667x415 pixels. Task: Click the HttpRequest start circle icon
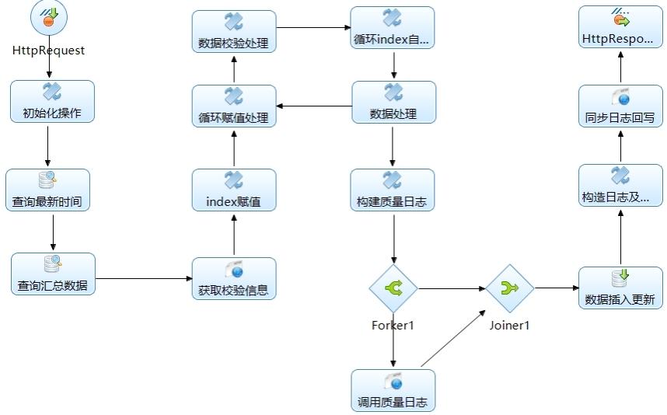[49, 17]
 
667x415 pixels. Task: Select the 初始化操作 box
[52, 102]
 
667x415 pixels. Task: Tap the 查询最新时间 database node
[47, 190]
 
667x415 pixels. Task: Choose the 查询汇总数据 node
[53, 274]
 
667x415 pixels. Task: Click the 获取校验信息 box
[234, 278]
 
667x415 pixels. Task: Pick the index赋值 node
[234, 190]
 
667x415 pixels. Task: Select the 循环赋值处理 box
[234, 106]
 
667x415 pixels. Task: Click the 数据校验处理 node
[234, 31]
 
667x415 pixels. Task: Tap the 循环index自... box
[393, 28]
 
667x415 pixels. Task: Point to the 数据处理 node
[394, 103]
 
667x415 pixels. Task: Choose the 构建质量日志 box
[393, 190]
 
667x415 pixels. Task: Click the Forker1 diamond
[393, 289]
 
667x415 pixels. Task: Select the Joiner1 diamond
[510, 289]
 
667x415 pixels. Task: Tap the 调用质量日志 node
[393, 390]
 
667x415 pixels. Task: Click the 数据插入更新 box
[620, 288]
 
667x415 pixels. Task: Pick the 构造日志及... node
[620, 186]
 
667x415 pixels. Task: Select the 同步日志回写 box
[620, 106]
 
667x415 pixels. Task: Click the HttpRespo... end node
[620, 26]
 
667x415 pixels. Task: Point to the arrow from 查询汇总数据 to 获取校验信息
[144, 279]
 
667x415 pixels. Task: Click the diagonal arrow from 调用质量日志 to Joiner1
[453, 339]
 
